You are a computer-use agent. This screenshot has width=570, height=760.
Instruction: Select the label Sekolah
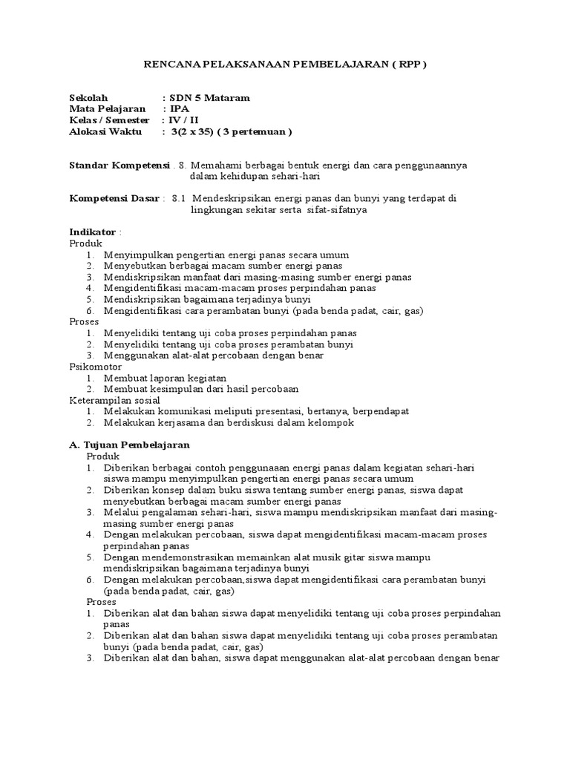coord(88,98)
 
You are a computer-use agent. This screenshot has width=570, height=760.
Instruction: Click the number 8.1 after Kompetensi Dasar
coord(179,199)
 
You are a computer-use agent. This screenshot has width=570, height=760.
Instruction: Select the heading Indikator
coord(92,232)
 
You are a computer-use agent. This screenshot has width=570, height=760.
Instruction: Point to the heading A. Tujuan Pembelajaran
coord(130,445)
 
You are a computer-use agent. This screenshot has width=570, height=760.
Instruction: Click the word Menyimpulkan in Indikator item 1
coord(138,255)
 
